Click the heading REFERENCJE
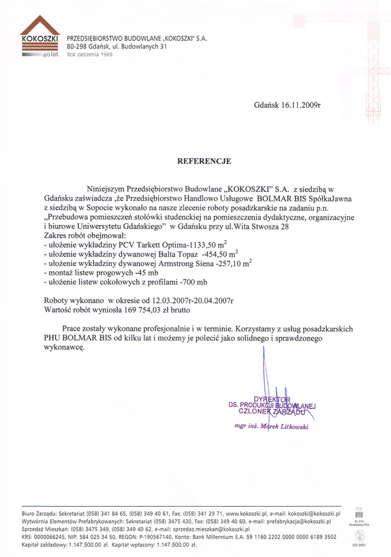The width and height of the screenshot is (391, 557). pyautogui.click(x=203, y=161)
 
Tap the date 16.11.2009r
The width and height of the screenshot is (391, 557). pyautogui.click(x=292, y=105)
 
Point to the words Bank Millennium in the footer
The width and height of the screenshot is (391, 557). pyautogui.click(x=224, y=537)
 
